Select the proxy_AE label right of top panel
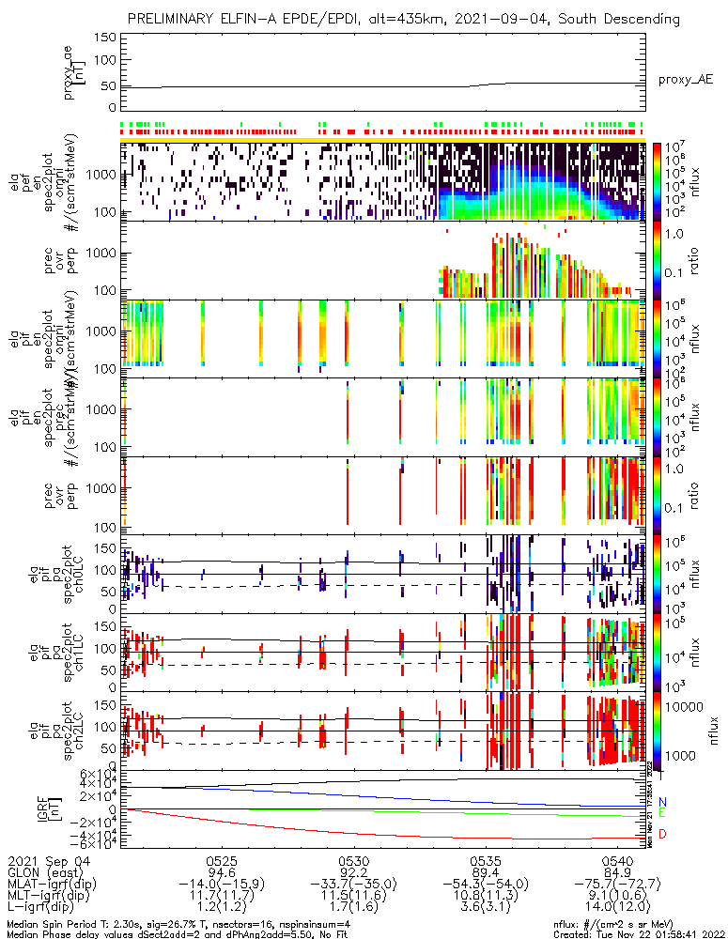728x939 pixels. tap(685, 81)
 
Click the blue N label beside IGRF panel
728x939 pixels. tap(662, 801)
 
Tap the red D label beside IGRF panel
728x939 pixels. tap(662, 835)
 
